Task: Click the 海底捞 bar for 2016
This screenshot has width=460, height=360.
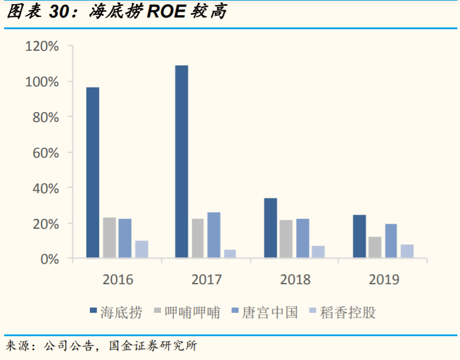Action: click(x=93, y=172)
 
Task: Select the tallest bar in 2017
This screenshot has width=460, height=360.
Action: click(x=182, y=161)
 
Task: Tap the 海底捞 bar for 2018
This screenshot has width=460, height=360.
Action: click(x=271, y=228)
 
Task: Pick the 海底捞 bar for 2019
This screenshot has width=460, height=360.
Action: click(x=360, y=236)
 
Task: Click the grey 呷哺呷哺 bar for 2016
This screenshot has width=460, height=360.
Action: click(x=110, y=237)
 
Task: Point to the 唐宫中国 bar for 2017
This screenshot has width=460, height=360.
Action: click(x=214, y=235)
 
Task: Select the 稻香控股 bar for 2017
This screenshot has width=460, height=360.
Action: click(x=230, y=253)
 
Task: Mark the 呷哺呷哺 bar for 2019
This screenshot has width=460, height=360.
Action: click(x=375, y=247)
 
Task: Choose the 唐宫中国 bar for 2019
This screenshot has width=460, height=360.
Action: click(x=391, y=240)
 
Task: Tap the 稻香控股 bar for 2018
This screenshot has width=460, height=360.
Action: click(x=318, y=251)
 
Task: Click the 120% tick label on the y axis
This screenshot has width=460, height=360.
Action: click(x=42, y=46)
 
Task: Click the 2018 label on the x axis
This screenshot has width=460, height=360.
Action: click(x=295, y=279)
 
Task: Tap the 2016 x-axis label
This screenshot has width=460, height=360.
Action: click(x=117, y=279)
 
